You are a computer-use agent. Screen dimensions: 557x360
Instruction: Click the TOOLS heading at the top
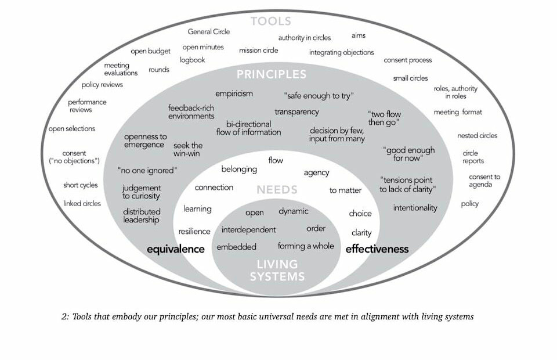(x=271, y=21)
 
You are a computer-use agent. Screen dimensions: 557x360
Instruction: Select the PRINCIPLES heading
(x=271, y=74)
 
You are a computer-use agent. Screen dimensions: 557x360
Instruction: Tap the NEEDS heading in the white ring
(x=277, y=189)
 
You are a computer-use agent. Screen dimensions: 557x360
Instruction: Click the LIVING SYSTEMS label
(x=277, y=270)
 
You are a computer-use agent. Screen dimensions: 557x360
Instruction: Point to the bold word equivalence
(x=176, y=249)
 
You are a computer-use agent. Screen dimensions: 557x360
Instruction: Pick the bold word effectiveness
(x=377, y=249)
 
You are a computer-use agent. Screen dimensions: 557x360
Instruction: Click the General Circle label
(x=209, y=32)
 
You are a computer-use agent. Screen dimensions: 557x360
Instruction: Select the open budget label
(x=150, y=51)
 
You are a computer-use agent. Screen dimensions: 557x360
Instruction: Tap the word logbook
(x=193, y=60)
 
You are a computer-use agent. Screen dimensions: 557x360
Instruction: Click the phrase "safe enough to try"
(x=319, y=95)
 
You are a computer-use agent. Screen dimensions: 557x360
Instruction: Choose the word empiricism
(x=234, y=93)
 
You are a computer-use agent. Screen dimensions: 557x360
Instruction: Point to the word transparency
(x=296, y=111)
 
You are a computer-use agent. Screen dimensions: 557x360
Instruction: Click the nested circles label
(x=477, y=136)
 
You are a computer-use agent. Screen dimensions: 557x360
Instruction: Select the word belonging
(x=239, y=169)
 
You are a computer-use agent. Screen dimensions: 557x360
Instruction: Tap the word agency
(x=316, y=172)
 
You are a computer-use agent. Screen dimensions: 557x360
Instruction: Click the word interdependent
(x=248, y=230)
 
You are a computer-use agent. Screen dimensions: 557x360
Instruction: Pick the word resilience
(x=194, y=231)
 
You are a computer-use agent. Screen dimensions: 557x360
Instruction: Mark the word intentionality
(x=415, y=208)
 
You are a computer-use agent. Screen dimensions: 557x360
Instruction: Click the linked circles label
(x=82, y=203)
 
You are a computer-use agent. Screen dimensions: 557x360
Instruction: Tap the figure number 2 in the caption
(x=64, y=317)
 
